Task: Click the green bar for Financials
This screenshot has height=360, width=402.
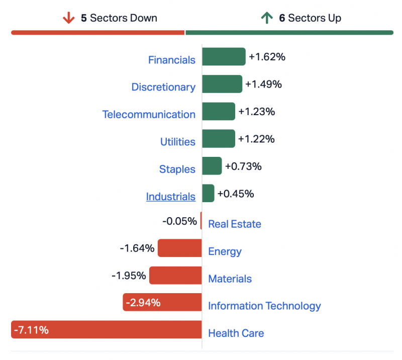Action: tap(224, 57)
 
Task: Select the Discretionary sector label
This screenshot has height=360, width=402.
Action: tap(163, 87)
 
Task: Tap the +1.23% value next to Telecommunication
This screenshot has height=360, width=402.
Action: tap(256, 112)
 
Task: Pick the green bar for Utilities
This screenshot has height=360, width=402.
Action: tap(219, 139)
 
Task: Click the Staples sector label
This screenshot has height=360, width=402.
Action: tap(177, 169)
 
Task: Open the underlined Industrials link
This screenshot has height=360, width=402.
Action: tap(171, 197)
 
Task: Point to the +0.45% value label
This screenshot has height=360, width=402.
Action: tap(236, 194)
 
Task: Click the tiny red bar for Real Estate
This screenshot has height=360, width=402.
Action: tap(201, 221)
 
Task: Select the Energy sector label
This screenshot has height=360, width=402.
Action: tap(225, 251)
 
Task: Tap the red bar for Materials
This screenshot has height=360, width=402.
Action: tap(175, 276)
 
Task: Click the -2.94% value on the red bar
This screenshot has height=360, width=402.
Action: tap(143, 303)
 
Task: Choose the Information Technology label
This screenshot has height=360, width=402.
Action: tap(264, 306)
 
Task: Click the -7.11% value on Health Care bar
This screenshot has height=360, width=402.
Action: tap(32, 330)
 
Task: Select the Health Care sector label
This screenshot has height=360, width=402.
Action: tap(236, 333)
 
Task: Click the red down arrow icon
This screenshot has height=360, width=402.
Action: tap(68, 18)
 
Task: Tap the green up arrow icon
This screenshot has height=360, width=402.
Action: tap(266, 18)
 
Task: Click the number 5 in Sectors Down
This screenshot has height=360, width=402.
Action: tap(84, 18)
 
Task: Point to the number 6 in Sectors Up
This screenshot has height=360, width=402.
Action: tap(282, 18)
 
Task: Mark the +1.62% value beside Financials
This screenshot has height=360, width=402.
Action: tap(267, 57)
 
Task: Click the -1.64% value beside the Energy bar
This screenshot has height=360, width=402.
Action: tap(137, 248)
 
